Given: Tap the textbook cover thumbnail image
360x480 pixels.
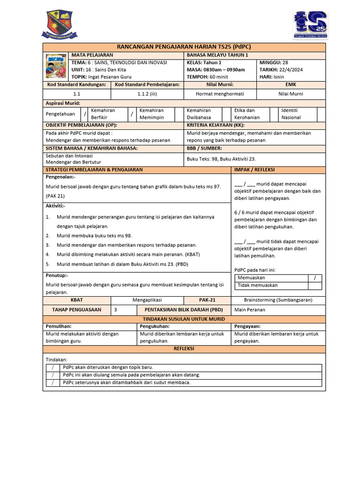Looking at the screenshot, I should pos(56,66).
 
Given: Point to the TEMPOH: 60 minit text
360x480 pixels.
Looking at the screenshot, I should pos(207,77).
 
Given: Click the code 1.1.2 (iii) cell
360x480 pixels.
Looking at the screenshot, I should pos(147,94).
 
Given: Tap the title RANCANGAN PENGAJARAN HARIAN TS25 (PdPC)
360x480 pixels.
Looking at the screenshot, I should pos(184,47).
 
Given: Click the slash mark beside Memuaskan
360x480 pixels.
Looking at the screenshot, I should pos(315,278).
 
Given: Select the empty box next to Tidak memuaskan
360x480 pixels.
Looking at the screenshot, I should pos(315,285).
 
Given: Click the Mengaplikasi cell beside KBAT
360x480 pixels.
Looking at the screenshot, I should pos(147,300).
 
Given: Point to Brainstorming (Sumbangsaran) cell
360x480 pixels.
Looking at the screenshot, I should pos(278,300).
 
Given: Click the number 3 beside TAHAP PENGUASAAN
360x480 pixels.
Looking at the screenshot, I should pos(116,309).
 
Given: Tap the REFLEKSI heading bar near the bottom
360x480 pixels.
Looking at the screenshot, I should pos(184,349).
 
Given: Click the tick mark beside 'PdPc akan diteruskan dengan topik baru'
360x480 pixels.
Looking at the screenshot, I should pos(53,367).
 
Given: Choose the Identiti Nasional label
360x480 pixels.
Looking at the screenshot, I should pos(291,114).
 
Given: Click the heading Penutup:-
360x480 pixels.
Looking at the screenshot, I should pos(57,276).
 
